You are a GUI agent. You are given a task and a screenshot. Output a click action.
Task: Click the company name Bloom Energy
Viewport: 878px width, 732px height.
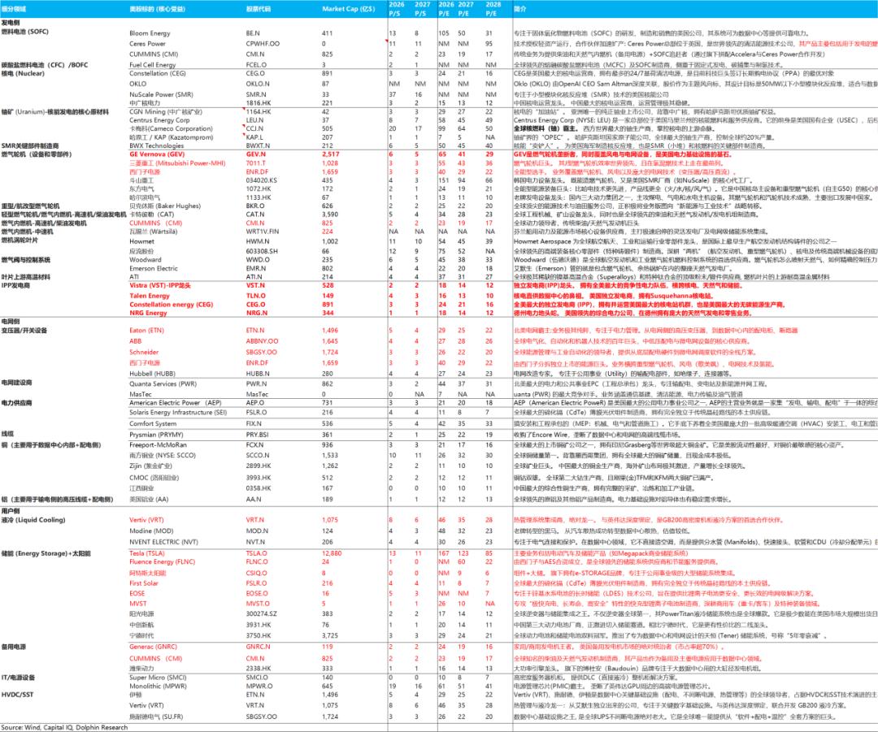pyautogui.click(x=148, y=32)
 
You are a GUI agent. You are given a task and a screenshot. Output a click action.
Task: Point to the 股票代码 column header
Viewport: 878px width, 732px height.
pyautogui.click(x=260, y=7)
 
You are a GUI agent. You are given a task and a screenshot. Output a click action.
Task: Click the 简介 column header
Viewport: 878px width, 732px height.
pyautogui.click(x=520, y=7)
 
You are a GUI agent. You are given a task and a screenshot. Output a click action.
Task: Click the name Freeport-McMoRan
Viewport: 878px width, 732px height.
pyautogui.click(x=159, y=444)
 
